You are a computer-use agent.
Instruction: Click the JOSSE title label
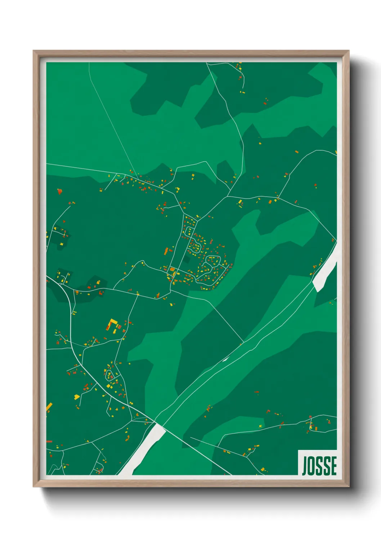319,465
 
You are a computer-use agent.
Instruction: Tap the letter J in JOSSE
305,465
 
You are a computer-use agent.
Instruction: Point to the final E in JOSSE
333,465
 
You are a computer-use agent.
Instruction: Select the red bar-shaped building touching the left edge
49,441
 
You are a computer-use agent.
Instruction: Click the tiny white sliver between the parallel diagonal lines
226,359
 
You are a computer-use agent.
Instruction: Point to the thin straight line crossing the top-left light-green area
112,119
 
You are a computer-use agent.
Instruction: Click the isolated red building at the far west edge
60,191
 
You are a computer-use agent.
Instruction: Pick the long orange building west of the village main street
166,251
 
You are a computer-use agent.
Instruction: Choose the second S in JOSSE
327,465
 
